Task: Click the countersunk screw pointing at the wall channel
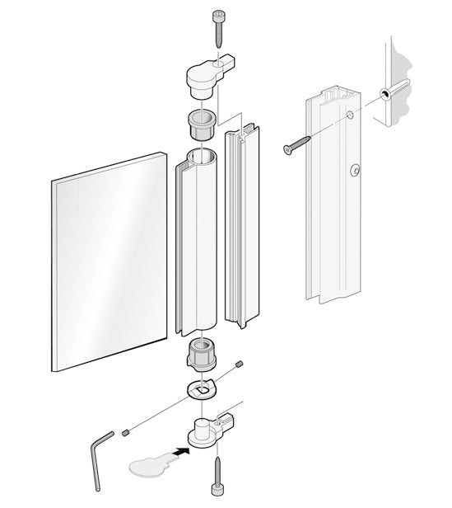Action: coord(297,145)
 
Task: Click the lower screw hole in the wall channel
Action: coord(355,170)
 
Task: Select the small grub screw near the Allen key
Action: coord(126,431)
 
